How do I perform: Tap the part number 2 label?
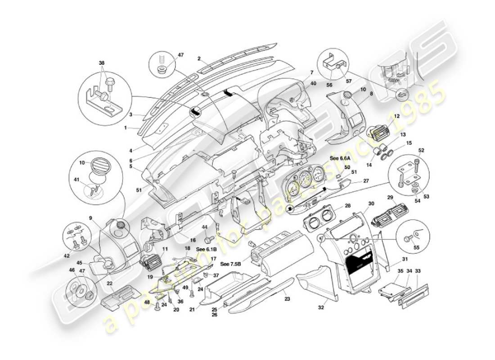[x=198, y=58]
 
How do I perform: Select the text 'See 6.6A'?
[x=340, y=158]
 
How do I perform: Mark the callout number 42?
[x=67, y=256]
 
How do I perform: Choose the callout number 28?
[x=347, y=206]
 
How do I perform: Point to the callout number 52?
[x=421, y=150]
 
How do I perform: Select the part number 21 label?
[x=192, y=310]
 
